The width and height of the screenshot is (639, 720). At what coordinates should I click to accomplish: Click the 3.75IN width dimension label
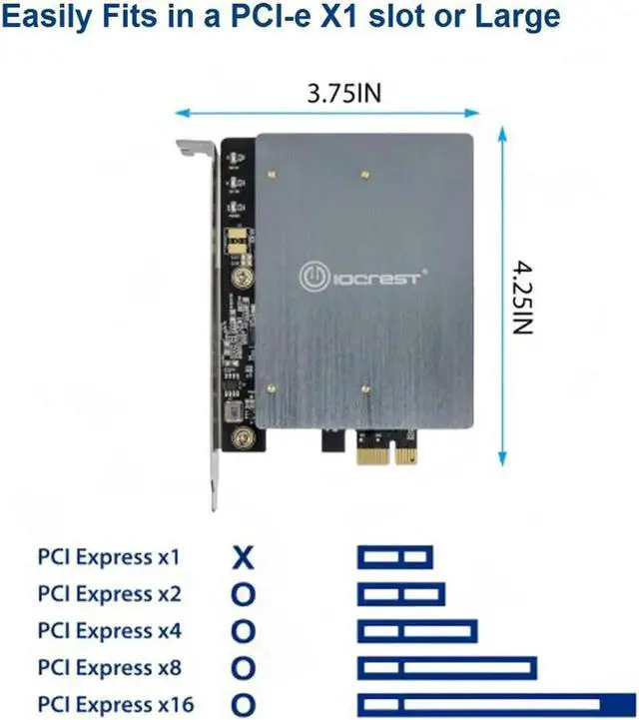345,94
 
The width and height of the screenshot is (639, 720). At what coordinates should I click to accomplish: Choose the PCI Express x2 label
110,594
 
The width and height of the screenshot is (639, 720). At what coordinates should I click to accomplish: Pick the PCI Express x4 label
110,631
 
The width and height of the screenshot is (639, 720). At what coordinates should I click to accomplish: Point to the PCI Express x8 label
110,667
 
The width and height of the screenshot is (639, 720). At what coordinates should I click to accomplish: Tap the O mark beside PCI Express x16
243,705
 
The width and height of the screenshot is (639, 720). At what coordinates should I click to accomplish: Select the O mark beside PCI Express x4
243,632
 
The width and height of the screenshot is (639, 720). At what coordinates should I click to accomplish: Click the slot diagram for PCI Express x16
495,704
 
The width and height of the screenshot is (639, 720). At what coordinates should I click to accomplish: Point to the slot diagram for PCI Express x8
446,667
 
